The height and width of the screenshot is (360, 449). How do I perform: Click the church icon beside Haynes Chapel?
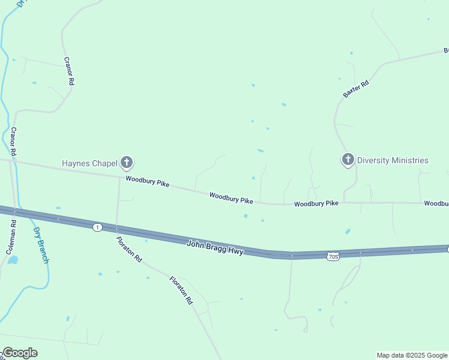coord(127,162)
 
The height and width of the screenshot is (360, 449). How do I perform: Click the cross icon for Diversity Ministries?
coord(348,160)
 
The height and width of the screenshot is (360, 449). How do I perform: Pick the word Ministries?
coord(410,160)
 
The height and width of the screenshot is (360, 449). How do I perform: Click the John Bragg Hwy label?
coord(215,247)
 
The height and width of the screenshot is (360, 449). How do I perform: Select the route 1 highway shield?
coord(97,227)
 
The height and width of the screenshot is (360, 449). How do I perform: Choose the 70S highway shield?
coord(334,257)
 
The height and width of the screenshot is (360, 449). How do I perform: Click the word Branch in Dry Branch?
coord(42,251)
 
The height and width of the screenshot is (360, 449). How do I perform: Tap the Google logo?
coord(20,353)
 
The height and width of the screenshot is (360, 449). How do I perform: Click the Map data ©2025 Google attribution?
coord(412,355)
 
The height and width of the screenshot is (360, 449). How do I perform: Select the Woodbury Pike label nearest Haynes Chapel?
coord(147,182)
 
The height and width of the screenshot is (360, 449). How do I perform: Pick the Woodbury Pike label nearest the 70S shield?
coord(316,204)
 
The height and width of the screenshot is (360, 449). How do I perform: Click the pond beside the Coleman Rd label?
coord(13,261)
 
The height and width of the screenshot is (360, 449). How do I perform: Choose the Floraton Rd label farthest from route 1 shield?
coord(181,290)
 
